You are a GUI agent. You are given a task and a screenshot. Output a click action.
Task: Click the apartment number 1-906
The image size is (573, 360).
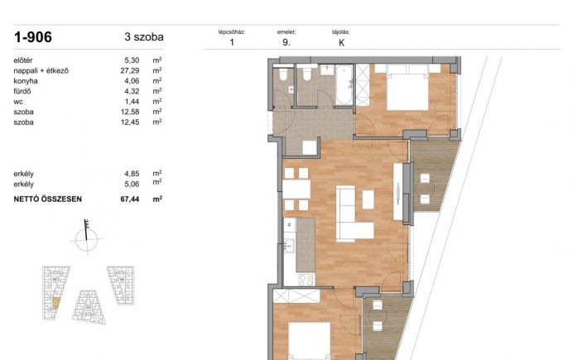point(33,37)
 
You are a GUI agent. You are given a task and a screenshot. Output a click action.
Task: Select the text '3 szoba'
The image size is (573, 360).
point(144,37)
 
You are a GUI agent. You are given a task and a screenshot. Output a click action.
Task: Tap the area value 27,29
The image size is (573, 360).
point(130,70)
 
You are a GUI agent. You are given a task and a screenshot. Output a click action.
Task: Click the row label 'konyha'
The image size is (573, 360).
point(26,81)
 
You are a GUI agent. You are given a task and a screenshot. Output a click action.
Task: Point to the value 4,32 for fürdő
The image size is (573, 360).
point(132,91)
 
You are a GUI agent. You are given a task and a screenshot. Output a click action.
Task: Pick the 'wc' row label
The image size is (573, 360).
point(18,102)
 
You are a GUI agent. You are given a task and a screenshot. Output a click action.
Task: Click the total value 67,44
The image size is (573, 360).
point(130,199)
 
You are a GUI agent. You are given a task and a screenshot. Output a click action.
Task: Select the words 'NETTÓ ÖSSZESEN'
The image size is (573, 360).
point(48,199)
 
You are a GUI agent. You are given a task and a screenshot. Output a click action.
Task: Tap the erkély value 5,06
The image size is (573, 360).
point(132,184)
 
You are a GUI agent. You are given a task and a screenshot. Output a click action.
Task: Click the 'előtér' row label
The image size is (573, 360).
point(23,60)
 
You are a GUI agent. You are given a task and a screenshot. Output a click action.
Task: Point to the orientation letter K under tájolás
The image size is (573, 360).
point(342,43)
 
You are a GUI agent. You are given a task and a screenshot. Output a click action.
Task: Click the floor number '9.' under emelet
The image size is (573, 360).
point(286,42)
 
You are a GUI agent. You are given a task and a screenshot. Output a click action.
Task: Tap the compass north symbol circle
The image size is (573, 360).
point(87,240)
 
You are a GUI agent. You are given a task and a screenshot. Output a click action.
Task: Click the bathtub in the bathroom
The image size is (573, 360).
point(344,85)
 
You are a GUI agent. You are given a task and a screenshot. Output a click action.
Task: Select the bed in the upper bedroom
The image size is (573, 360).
point(407,87)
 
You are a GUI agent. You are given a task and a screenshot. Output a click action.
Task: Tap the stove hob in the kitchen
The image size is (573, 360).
point(306,280)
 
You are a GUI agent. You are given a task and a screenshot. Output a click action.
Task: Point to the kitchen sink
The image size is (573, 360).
point(289,246)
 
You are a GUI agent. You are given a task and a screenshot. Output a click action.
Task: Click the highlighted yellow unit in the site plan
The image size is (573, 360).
point(55,304)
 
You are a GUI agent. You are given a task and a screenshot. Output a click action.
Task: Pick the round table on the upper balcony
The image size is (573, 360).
point(425,189)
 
